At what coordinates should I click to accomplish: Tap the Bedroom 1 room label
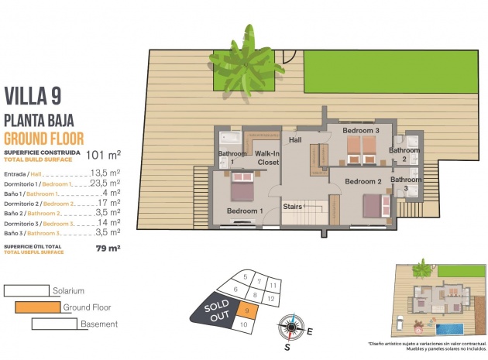(245, 211)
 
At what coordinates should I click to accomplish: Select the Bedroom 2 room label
(364, 181)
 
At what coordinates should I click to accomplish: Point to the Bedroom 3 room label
(361, 132)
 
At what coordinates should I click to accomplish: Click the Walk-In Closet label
(267, 158)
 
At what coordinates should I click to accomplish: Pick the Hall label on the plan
(295, 140)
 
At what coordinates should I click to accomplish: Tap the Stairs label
(292, 207)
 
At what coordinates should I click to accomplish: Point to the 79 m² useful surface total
(108, 249)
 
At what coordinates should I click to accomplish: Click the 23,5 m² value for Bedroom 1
(105, 183)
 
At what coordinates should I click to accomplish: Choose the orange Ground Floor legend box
(37, 307)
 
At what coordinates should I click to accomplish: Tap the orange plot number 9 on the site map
(246, 311)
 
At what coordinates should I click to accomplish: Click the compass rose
(292, 327)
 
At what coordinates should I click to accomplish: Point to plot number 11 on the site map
(272, 285)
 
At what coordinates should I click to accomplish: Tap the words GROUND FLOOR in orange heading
(45, 138)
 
